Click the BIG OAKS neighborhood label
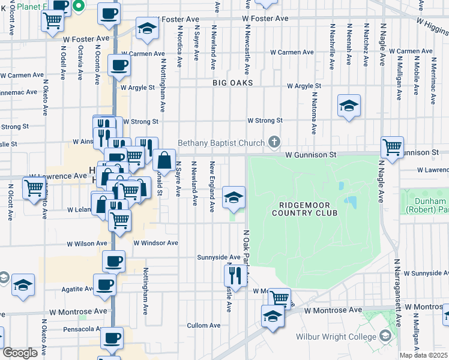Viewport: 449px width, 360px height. point(232,83)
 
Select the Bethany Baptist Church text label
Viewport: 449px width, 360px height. point(221,143)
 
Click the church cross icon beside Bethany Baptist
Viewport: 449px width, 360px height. point(274,142)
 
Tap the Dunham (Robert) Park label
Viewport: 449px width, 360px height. point(426,206)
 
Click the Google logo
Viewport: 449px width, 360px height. point(20,353)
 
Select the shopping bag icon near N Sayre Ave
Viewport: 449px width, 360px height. point(164,161)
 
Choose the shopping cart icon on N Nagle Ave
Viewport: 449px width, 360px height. point(392,147)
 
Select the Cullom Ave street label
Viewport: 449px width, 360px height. point(205,325)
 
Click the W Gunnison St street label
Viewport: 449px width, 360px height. point(311,154)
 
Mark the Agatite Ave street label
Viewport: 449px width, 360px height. point(76,289)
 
